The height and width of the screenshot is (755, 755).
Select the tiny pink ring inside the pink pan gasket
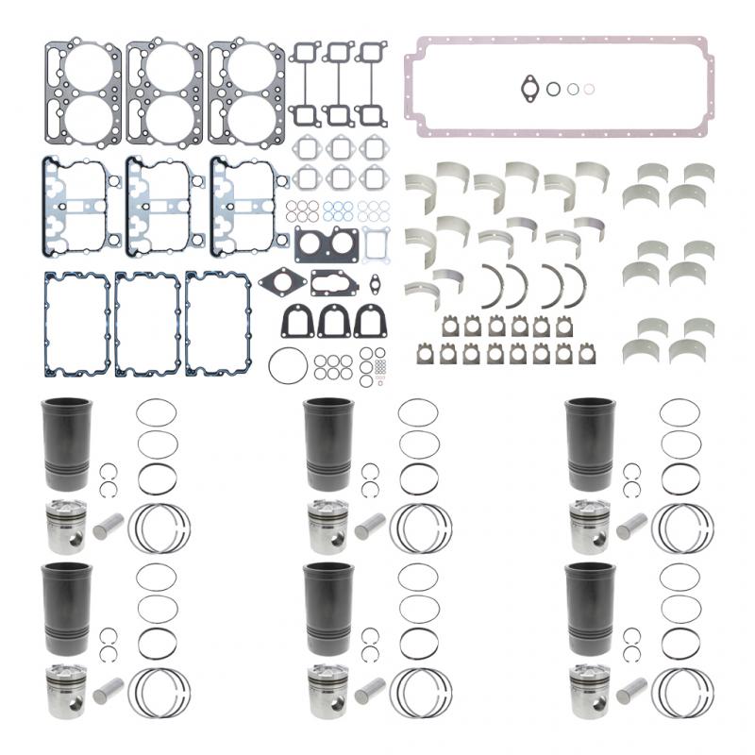[589, 90]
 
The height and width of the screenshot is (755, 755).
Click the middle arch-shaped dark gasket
[334, 322]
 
